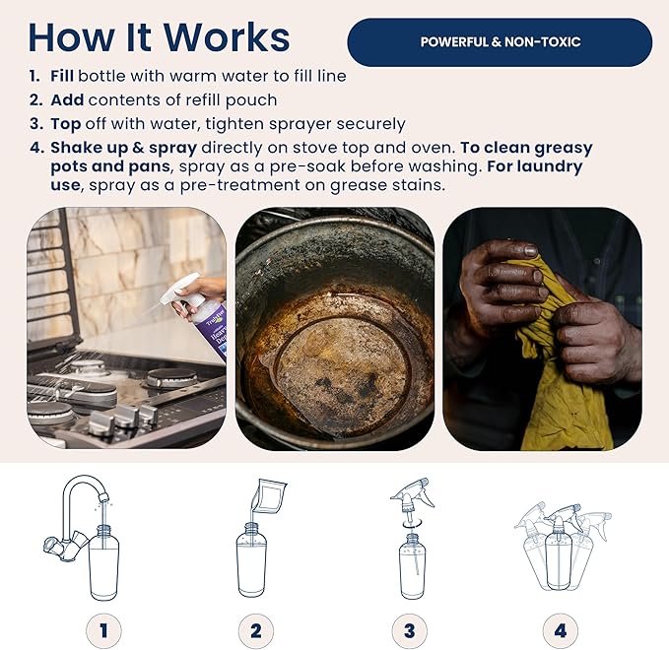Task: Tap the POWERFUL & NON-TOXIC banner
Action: tap(500, 41)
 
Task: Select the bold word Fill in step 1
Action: tap(62, 76)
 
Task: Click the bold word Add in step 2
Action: tap(67, 99)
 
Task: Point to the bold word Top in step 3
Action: tap(66, 124)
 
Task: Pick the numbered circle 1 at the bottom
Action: tap(103, 630)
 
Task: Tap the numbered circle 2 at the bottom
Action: tap(255, 630)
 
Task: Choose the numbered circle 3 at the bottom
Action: tap(409, 630)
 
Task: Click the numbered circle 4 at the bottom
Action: tap(561, 630)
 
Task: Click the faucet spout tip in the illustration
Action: tap(102, 497)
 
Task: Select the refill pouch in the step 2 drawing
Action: tap(269, 495)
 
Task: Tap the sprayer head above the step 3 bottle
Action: tap(411, 495)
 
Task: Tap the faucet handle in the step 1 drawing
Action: tap(53, 545)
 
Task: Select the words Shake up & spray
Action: tap(124, 148)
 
